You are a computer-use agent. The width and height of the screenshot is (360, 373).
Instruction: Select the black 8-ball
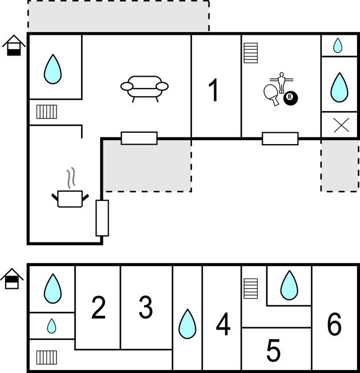pos(290,98)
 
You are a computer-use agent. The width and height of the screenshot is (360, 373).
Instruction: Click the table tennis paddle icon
pos(271,94)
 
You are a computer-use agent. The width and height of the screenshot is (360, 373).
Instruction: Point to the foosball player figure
pos(282,82)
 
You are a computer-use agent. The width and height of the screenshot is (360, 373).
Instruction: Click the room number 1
pos(214,90)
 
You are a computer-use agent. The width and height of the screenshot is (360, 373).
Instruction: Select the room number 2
pos(98,307)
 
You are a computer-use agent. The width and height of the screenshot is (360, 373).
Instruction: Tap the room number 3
pos(146,307)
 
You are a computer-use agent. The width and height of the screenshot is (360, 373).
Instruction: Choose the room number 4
pos(223,324)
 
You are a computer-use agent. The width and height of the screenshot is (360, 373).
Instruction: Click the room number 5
pos(273,350)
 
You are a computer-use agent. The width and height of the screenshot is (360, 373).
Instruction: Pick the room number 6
pos(334,324)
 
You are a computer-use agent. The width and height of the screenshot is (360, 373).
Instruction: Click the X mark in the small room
pos(341,125)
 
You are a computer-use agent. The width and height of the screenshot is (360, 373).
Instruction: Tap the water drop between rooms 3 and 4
pos(187,324)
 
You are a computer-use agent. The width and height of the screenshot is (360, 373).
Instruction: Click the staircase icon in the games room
pos(251,53)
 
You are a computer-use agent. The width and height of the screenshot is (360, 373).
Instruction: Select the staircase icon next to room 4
pos(251,288)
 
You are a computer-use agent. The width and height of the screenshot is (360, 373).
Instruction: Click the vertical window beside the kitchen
pos(102,218)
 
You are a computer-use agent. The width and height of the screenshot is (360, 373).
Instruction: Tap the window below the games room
pos(280,138)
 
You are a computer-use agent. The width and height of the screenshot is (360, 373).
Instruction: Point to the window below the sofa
pos(139,138)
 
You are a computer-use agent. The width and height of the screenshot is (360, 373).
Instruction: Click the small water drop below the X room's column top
pos(338,45)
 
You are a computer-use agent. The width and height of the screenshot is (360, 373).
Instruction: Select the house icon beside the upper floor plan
pos(14,45)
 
